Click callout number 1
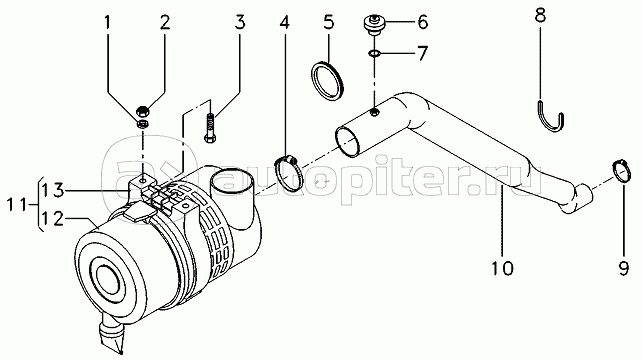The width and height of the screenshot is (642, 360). (107, 23)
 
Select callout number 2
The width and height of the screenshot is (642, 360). (165, 23)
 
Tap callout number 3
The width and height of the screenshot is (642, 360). (240, 23)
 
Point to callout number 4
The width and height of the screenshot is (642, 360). (285, 23)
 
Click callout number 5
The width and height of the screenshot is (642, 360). (329, 22)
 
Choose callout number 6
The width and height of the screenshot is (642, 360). (423, 22)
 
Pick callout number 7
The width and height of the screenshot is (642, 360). (423, 53)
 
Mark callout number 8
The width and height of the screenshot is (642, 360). (540, 15)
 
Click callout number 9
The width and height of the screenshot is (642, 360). (623, 269)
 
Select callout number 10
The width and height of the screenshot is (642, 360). (502, 269)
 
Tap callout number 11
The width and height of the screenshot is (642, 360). (17, 204)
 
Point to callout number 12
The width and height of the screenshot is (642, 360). (52, 219)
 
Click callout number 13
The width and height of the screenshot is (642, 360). (52, 190)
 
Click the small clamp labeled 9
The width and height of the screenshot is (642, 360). (621, 171)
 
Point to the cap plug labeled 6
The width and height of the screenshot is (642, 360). (374, 24)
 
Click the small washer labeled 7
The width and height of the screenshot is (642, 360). (374, 53)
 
